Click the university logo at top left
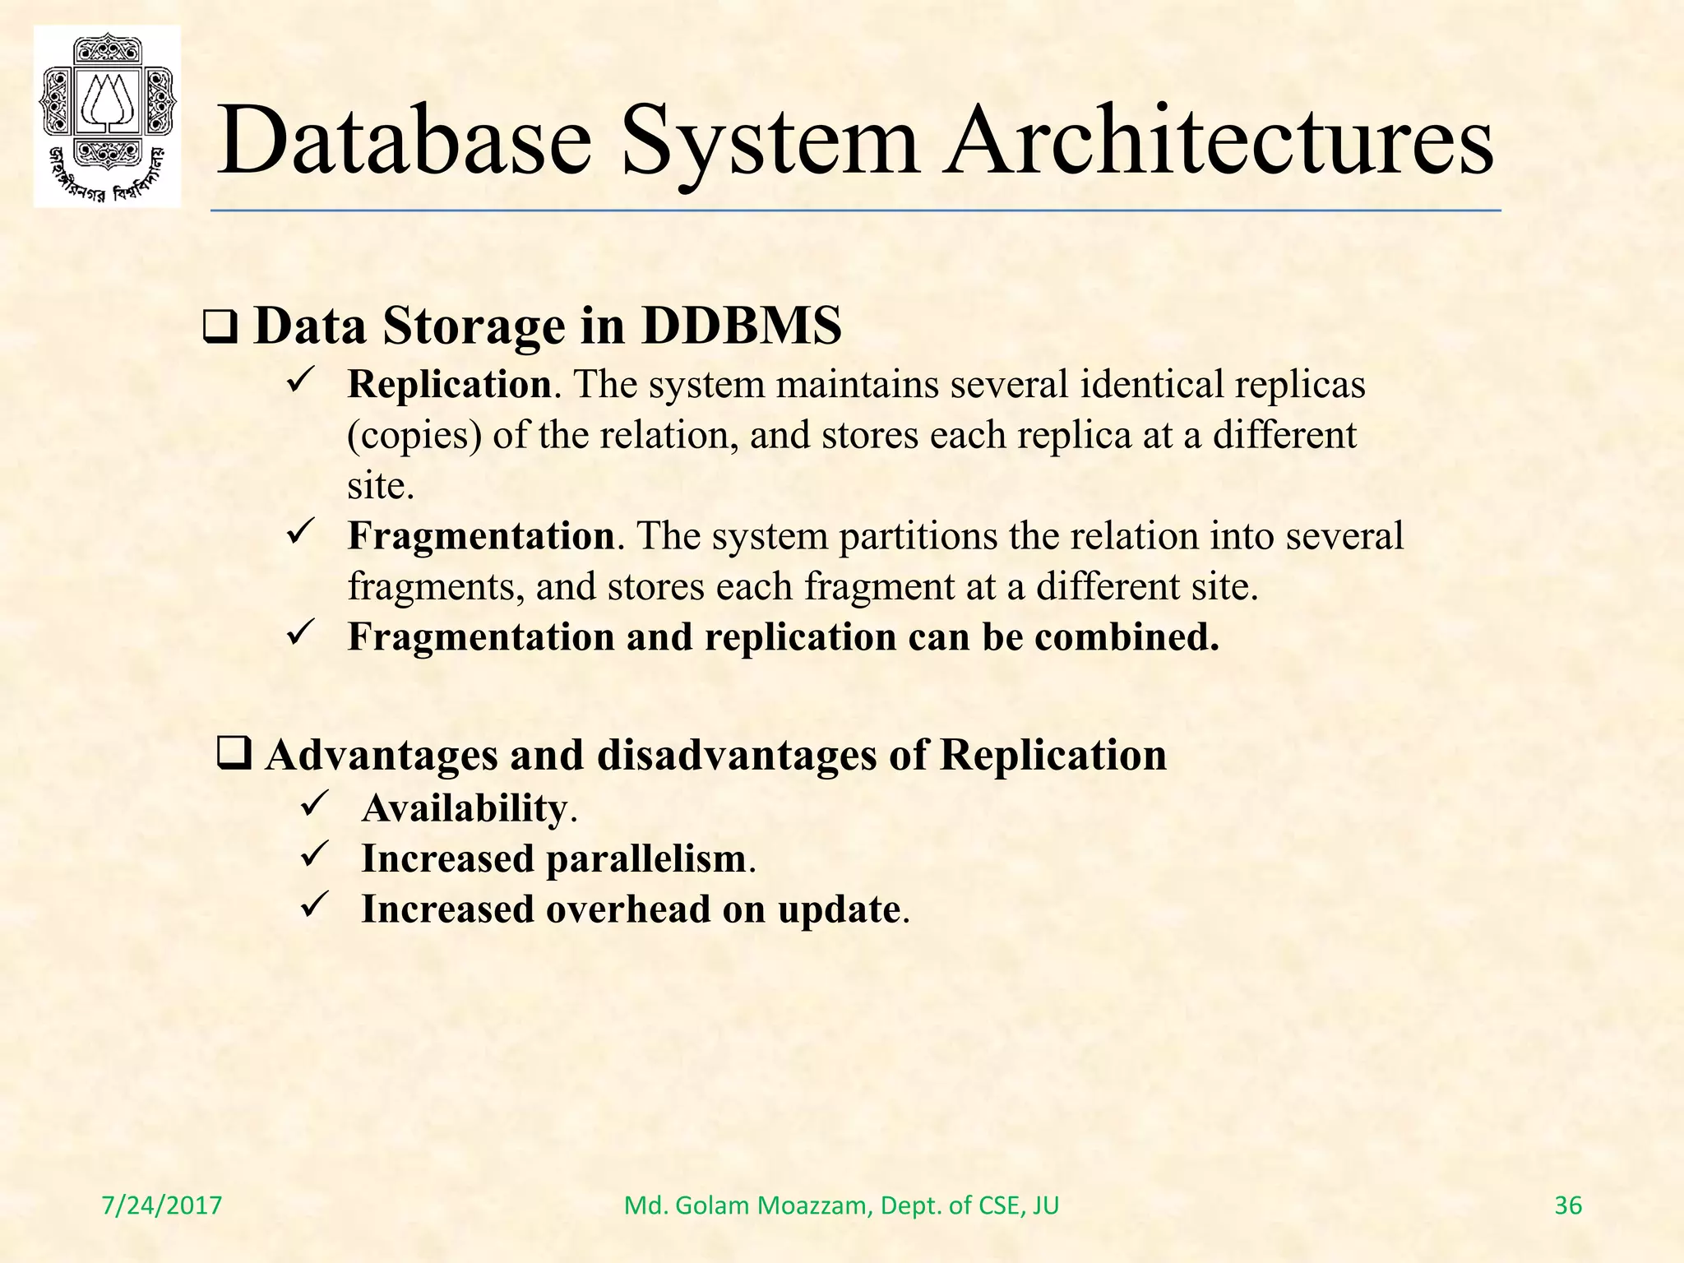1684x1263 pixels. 107,115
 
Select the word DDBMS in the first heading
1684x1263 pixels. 741,326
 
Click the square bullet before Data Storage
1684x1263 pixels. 220,329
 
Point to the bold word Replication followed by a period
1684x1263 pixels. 449,385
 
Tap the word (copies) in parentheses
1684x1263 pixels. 414,436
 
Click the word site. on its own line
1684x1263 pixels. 380,486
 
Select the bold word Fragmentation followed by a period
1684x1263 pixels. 481,536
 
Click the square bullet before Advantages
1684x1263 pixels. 234,753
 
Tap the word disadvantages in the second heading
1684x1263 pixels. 736,755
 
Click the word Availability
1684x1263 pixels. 465,808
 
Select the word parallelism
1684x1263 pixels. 646,859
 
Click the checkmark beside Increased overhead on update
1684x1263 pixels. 314,905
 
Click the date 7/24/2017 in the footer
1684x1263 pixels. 162,1205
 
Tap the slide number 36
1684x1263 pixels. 1568,1205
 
